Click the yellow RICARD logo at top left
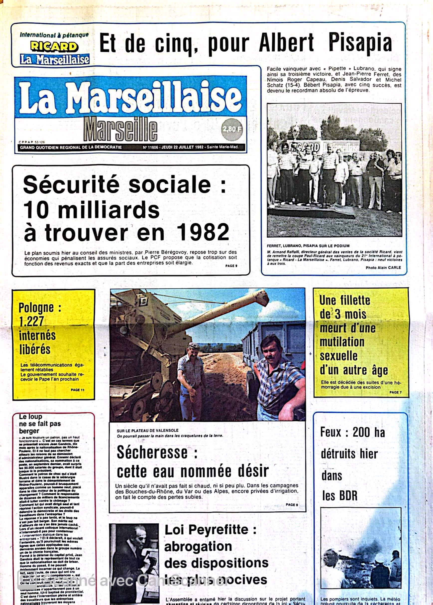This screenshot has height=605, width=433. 54,46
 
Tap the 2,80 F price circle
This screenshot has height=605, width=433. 232,129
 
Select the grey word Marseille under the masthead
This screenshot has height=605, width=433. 120,129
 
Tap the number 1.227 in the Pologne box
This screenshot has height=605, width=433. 31,321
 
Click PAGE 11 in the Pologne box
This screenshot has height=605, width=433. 78,390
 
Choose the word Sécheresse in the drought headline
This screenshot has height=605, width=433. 152,453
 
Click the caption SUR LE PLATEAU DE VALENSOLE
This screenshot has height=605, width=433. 148,431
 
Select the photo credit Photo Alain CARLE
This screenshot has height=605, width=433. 383,268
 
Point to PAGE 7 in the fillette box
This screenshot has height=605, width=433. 395,392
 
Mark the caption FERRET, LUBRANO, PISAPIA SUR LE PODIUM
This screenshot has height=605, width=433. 308,246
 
